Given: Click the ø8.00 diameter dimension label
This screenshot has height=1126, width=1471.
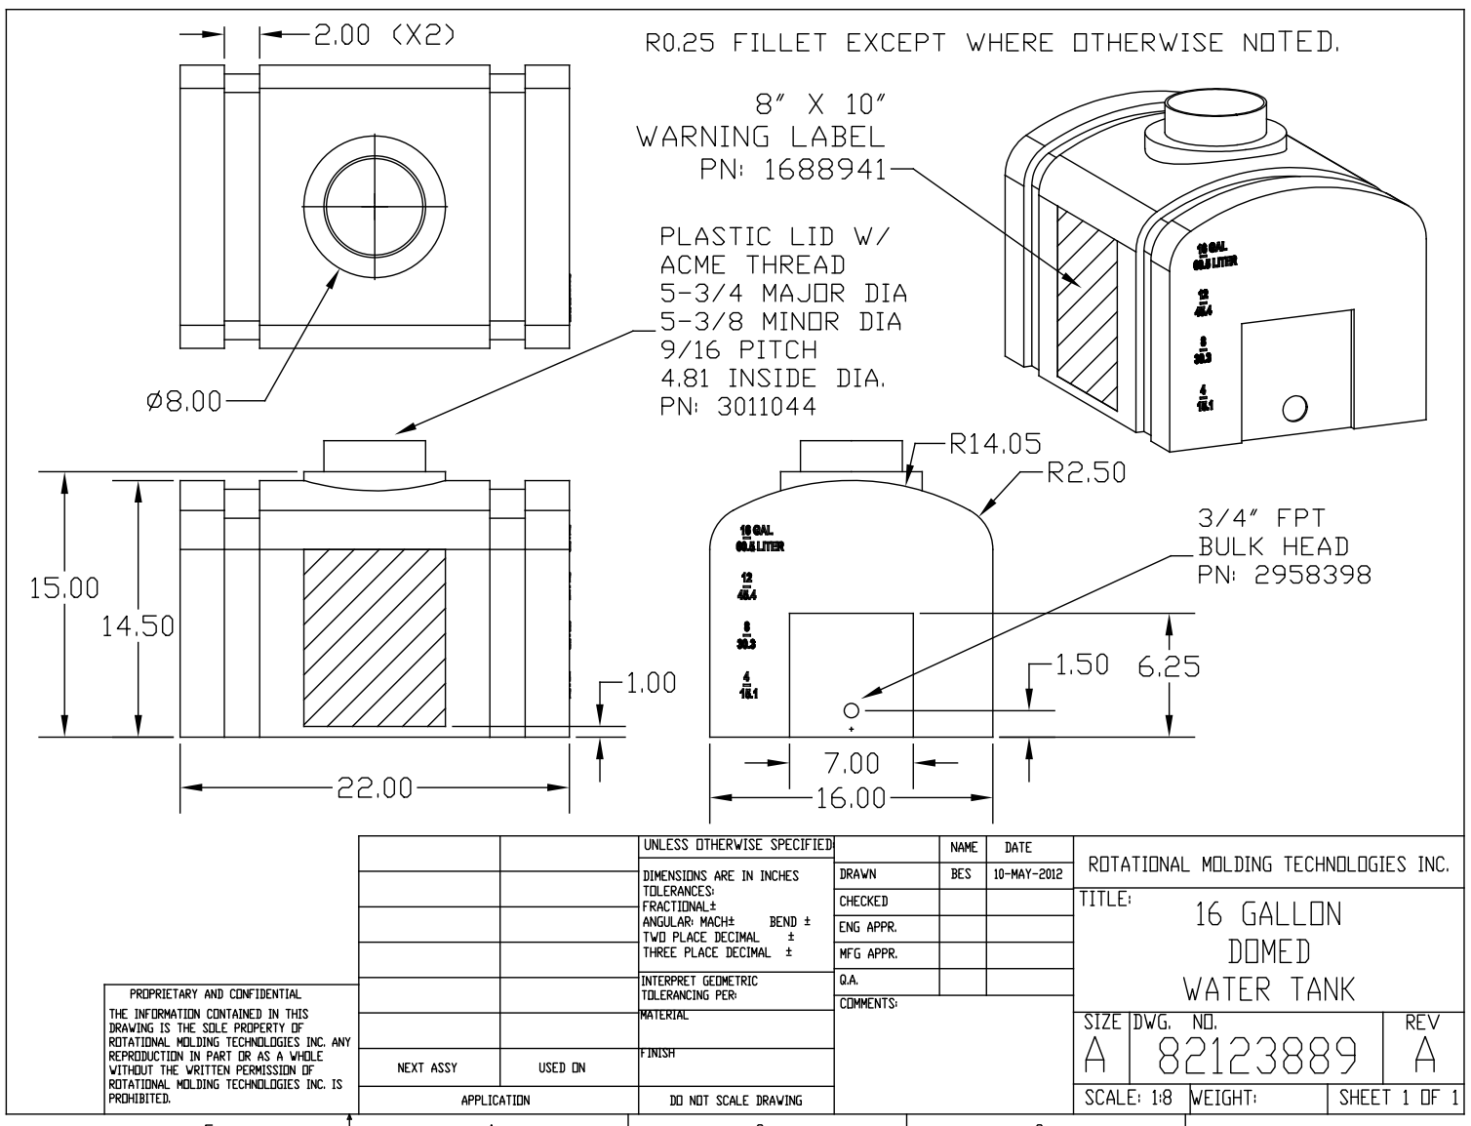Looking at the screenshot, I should pos(184,401).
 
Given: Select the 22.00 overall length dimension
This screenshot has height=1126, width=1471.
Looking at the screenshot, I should pos(375,788).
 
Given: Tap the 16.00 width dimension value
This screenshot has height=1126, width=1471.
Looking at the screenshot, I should pos(851,798).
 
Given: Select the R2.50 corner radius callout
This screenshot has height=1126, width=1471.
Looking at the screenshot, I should pos(1086,473).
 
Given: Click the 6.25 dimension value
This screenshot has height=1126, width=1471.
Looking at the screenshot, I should pos(1169,666).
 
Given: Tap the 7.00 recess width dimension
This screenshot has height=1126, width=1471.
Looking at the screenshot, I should pos(851,762).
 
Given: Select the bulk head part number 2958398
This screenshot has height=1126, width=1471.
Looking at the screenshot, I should pos(1312,575).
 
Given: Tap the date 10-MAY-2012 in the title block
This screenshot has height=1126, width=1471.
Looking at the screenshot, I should pos(1028,875).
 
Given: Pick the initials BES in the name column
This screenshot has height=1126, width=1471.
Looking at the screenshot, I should pos(961,875).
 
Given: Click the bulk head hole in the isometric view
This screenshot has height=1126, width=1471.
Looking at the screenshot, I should pos(1294,407).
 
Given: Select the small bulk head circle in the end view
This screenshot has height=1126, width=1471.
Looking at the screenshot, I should pos(851,710).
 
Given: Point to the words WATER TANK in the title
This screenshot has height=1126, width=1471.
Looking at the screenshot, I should pos(1269,989).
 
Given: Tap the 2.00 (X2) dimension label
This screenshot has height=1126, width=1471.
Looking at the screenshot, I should pos(382,35).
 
